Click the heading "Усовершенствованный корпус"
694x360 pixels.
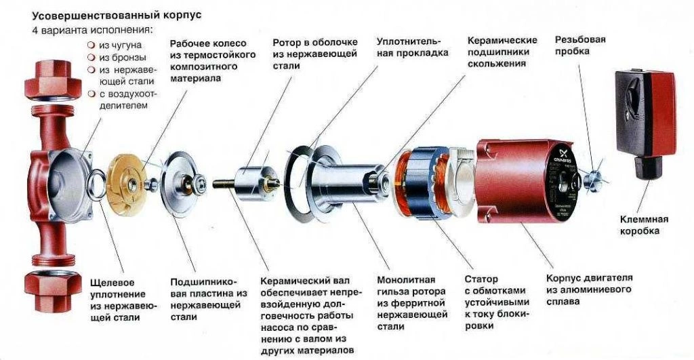point(117,16)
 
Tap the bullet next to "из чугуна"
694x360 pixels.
point(91,45)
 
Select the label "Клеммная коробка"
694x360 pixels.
point(644,225)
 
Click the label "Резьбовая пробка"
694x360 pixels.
point(580,45)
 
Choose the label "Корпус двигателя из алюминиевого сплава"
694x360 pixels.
point(589,289)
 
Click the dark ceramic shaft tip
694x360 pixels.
point(222,183)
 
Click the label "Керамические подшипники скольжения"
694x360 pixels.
point(502,52)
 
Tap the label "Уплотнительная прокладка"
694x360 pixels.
point(412,47)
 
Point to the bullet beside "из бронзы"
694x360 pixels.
point(91,57)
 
